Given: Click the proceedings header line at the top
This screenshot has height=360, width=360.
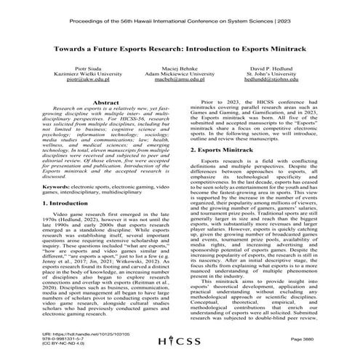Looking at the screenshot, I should (179, 12).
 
